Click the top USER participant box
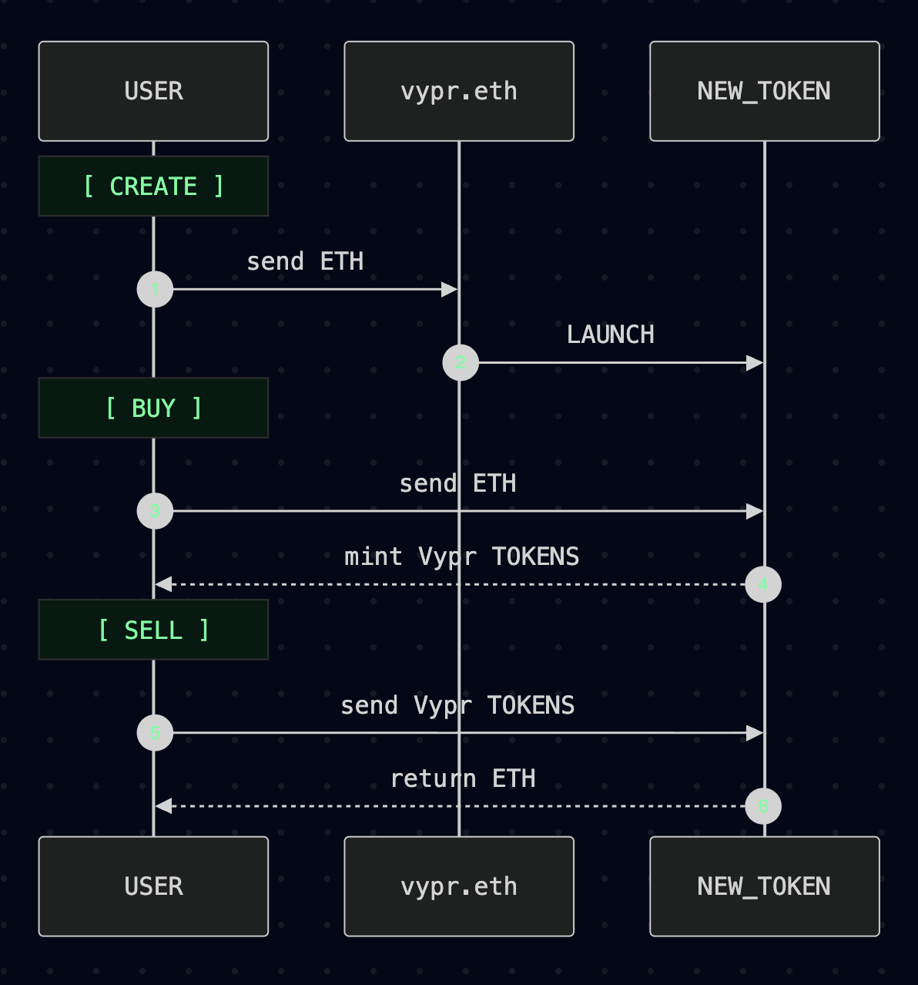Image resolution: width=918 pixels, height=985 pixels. [153, 91]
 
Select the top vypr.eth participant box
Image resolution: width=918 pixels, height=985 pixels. [459, 91]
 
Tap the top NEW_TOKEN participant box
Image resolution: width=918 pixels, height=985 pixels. [764, 91]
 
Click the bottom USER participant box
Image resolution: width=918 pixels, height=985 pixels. [153, 886]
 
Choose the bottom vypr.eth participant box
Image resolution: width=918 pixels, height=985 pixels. [459, 886]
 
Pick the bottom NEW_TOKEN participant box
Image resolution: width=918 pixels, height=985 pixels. [764, 886]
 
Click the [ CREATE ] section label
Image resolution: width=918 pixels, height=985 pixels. [153, 187]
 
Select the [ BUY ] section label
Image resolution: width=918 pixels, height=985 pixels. [153, 408]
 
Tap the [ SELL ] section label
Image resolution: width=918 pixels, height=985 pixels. [153, 630]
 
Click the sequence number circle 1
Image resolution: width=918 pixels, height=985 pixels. [155, 290]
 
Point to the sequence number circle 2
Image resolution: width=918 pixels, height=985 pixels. [461, 363]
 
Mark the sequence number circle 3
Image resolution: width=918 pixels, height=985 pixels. [155, 511]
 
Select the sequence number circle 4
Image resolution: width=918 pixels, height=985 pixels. [763, 584]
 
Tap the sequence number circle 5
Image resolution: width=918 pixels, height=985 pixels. [155, 733]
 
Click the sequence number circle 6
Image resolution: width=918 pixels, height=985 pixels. [763, 806]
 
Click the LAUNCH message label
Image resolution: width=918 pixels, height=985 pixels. [611, 334]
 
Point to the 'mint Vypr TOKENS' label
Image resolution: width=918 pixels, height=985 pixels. [461, 556]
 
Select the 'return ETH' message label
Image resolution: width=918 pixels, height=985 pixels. [463, 778]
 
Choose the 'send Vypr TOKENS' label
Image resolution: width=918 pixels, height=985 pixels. [457, 705]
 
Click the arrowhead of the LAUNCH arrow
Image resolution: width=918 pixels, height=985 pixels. [755, 363]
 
